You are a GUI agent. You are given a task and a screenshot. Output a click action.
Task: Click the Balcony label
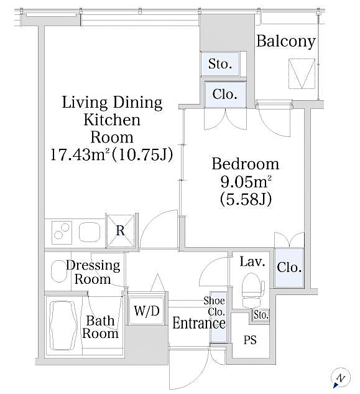click(x=286, y=42)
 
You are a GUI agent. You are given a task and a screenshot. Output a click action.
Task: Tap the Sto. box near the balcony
click(x=219, y=63)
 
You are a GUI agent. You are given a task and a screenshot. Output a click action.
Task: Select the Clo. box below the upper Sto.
click(x=224, y=95)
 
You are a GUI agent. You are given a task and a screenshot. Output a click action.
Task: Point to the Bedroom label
click(x=245, y=164)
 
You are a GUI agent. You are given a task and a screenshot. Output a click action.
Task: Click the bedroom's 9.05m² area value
click(x=245, y=182)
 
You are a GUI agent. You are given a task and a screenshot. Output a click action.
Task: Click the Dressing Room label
click(x=93, y=272)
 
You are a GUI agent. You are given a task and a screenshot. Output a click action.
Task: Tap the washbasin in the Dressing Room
click(x=59, y=271)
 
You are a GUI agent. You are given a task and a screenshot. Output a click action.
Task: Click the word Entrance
click(x=198, y=323)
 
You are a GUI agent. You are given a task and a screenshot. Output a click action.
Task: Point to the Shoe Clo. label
click(x=215, y=306)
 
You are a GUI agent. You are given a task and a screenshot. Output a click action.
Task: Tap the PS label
click(x=250, y=341)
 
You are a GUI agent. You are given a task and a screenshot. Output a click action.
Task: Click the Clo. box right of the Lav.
click(x=289, y=268)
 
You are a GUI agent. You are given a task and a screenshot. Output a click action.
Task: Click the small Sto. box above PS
click(x=261, y=315)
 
